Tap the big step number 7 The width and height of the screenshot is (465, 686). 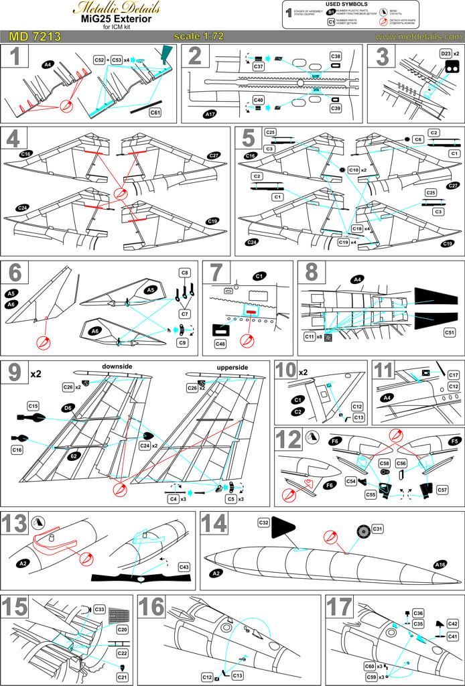tap(216, 275)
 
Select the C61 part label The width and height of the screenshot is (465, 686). tap(155, 113)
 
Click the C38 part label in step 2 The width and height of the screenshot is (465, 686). tap(336, 56)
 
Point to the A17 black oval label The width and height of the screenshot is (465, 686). tap(210, 115)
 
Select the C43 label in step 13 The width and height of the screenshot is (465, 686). tap(184, 567)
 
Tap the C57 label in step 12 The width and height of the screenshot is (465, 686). tap(442, 490)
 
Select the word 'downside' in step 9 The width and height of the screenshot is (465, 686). tap(115, 367)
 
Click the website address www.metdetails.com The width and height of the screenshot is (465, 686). tap(418, 36)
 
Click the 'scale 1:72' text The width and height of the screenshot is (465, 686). tap(200, 36)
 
